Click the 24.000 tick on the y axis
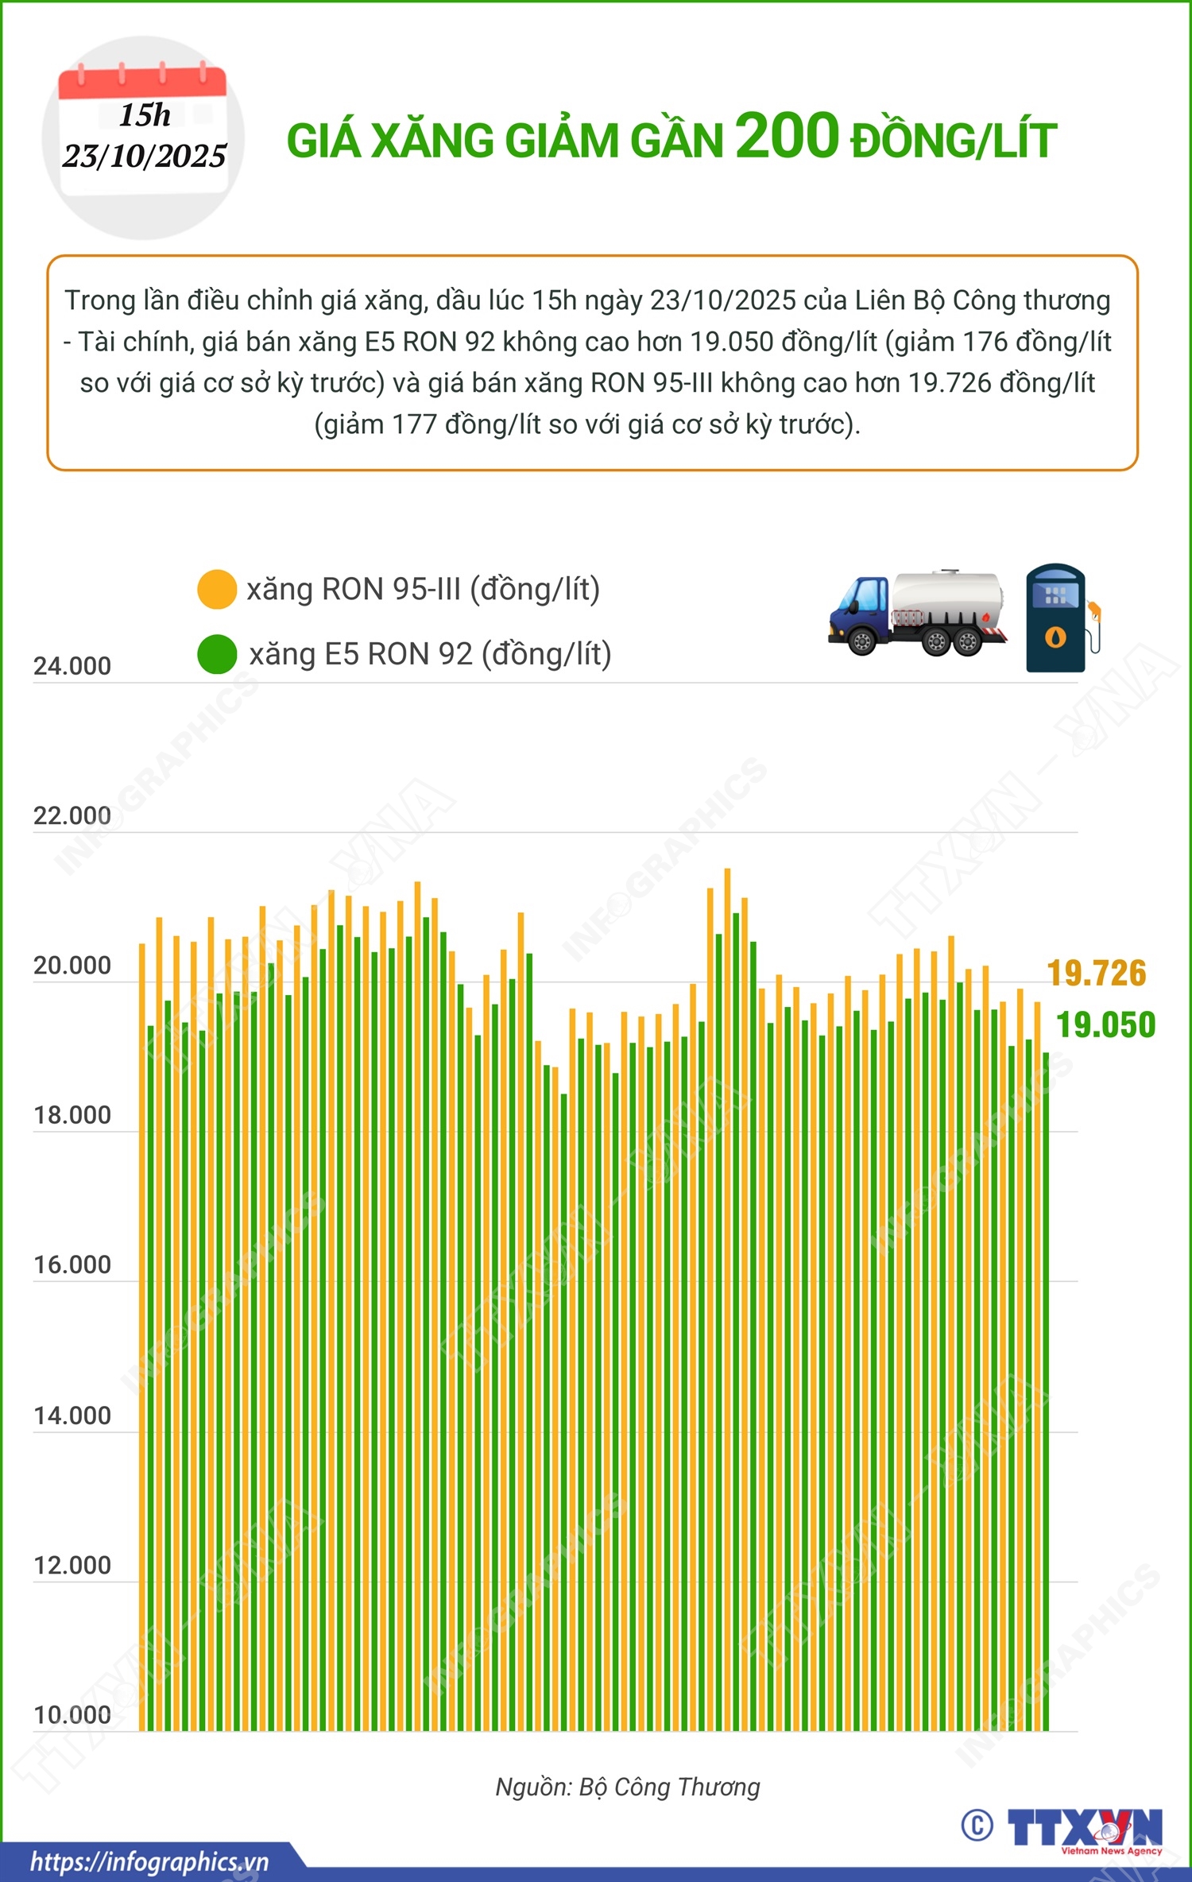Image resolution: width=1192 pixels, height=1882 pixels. (72, 666)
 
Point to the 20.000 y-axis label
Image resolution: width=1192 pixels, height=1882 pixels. (72, 966)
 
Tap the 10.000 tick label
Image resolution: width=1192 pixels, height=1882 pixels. (72, 1715)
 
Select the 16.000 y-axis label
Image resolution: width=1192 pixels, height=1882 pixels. (72, 1265)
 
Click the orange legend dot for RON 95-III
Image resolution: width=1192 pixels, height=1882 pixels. (217, 590)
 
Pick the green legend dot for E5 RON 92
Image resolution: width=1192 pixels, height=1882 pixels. (217, 654)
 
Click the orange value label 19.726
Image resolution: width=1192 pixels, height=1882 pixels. (1097, 974)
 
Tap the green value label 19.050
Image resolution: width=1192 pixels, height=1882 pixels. (1105, 1025)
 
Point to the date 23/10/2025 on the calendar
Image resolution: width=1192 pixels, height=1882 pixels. (145, 156)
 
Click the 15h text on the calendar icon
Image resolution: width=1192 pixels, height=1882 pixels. (145, 115)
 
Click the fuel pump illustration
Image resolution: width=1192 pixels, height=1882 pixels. (1062, 618)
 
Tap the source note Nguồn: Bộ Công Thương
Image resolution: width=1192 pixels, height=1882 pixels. (628, 1787)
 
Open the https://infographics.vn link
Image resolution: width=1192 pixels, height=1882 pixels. (149, 1861)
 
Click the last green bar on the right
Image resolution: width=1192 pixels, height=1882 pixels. (1046, 1391)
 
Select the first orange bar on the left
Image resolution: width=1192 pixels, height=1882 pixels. (142, 1335)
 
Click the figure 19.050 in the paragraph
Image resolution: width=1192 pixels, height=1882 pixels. (731, 342)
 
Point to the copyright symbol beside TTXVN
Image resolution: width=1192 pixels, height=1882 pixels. (977, 1826)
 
